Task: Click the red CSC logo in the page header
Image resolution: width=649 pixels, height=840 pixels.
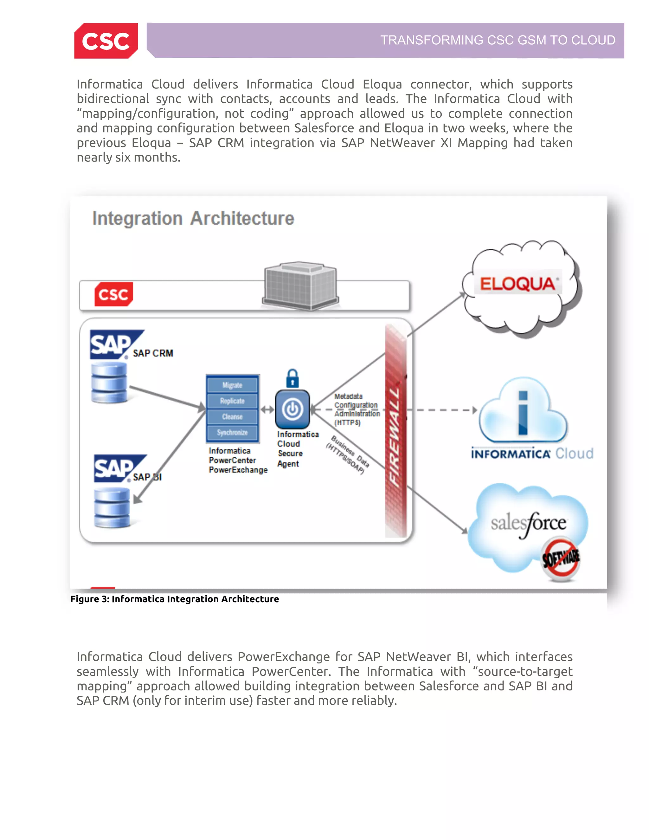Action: pyautogui.click(x=106, y=41)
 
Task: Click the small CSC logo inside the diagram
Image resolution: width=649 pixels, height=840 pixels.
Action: pyautogui.click(x=113, y=294)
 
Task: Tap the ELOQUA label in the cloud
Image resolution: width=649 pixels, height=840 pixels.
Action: pyautogui.click(x=517, y=284)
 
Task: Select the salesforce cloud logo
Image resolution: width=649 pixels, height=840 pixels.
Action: pyautogui.click(x=528, y=523)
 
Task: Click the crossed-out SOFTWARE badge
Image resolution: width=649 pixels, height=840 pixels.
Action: pyautogui.click(x=561, y=559)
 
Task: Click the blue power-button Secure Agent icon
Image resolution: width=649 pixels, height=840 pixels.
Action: pyautogui.click(x=292, y=409)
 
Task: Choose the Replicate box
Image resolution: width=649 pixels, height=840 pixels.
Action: pyautogui.click(x=232, y=401)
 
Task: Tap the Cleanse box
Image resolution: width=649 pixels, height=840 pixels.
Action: pyautogui.click(x=232, y=417)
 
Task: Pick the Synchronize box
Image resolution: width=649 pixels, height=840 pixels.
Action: pyautogui.click(x=232, y=432)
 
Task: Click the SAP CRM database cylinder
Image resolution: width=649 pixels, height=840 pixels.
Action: pyautogui.click(x=109, y=383)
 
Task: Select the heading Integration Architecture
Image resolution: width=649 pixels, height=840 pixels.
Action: pyautogui.click(x=193, y=218)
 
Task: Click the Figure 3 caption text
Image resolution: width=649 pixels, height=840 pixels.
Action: pyautogui.click(x=175, y=599)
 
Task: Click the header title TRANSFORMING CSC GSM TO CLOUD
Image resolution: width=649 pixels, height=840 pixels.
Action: pyautogui.click(x=498, y=40)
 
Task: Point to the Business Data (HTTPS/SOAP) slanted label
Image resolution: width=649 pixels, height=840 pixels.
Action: pyautogui.click(x=348, y=455)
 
